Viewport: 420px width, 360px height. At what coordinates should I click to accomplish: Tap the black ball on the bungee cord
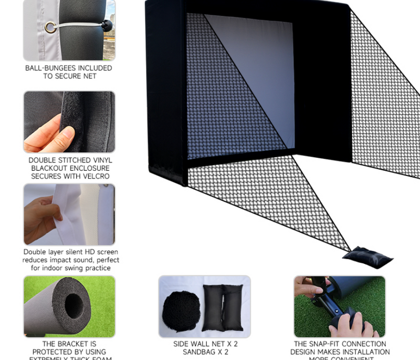107,25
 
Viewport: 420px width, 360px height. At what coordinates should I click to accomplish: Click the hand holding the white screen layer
41,215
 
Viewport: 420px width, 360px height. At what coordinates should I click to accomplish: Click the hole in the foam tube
73,305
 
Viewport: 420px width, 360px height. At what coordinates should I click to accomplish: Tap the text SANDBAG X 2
205,352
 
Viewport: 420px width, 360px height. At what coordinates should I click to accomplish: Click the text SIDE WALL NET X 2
205,344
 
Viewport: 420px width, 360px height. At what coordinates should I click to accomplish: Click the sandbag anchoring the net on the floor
367,258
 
